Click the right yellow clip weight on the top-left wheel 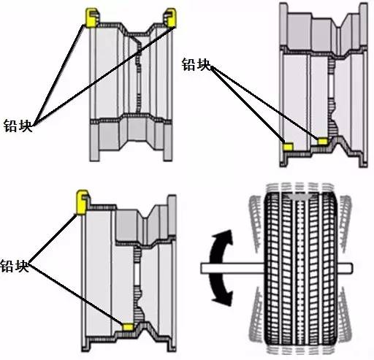coord(172,18)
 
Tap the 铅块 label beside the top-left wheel coord(18,126)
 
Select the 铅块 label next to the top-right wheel coord(196,64)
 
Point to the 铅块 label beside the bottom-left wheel coord(15,266)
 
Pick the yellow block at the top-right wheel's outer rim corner coord(288,147)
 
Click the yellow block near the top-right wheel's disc coord(323,141)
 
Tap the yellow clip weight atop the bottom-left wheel coord(81,202)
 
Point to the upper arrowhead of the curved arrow coord(225,237)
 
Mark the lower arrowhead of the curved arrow coord(224,298)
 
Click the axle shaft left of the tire coord(232,268)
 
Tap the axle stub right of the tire coord(345,268)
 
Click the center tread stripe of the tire coord(301,268)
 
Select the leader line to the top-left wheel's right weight coord(104,76)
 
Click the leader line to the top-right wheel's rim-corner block coord(248,104)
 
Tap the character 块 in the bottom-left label coord(22,266)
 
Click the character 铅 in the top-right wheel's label coord(188,64)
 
